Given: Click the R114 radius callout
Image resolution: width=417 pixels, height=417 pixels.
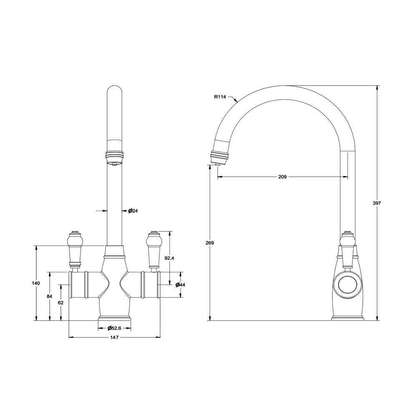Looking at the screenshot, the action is (220, 97).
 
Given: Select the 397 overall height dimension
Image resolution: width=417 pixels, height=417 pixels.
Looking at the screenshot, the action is (377, 203).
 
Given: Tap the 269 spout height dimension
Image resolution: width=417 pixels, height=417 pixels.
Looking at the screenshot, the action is (210, 243).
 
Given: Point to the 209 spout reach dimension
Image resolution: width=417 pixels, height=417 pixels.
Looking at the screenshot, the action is (282, 177).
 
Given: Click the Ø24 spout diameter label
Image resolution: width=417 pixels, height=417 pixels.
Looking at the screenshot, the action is (133, 211).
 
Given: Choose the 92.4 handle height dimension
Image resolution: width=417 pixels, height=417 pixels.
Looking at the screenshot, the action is (169, 258).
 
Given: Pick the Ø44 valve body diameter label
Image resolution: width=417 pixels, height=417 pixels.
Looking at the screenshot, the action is (180, 285).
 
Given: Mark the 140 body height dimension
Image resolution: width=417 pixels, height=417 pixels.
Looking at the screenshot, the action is (36, 283).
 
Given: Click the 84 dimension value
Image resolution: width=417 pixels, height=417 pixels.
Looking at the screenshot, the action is (50, 296).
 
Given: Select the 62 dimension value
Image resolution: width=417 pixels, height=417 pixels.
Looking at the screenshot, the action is (61, 303).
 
